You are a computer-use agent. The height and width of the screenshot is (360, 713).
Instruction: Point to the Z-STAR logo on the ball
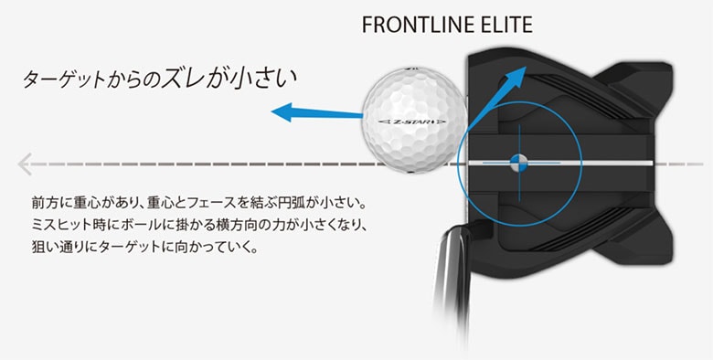412,121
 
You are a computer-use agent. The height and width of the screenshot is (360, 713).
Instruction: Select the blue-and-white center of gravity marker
516,164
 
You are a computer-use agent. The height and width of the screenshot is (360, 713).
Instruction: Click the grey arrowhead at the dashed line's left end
26,164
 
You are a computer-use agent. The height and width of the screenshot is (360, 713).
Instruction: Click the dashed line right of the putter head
686,164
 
